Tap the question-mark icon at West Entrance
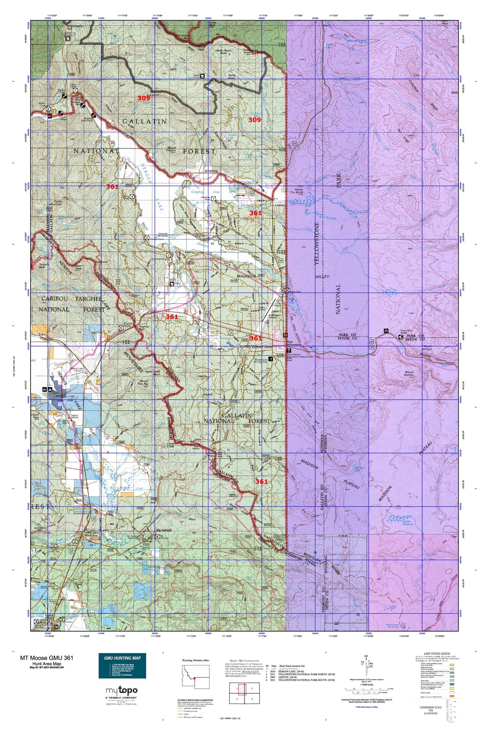pos(288,351)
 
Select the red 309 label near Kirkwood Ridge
pos(143,98)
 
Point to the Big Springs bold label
pos(164,540)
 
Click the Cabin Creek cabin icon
pos(202,76)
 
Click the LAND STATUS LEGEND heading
pos(437,654)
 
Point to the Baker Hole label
pos(295,291)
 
